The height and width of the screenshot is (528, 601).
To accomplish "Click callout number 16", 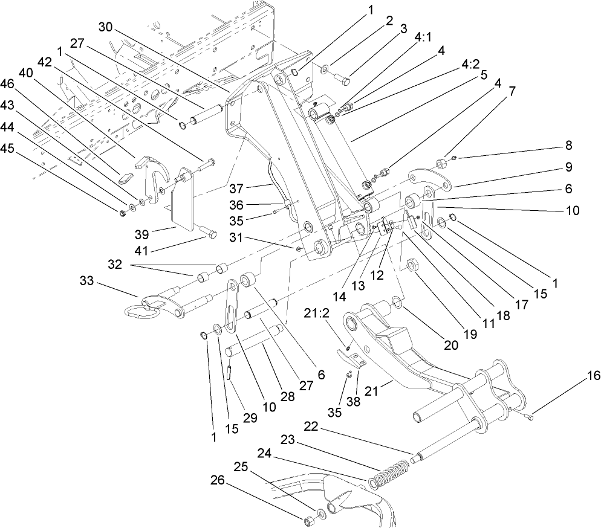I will pos(593,376).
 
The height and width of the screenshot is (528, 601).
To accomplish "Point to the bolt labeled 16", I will pos(528,416).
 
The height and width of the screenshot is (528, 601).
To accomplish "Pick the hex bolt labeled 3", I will pos(346,78).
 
